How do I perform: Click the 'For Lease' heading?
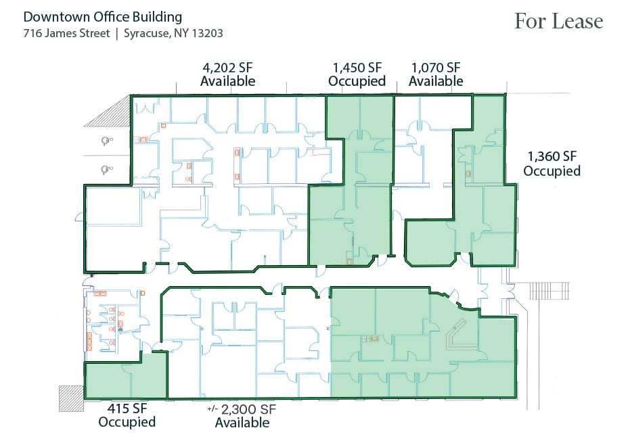pos(558,21)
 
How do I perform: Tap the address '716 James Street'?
pos(66,32)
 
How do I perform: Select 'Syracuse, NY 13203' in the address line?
pos(173,32)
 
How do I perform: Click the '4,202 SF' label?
pos(227,68)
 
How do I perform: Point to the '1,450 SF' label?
pos(357,68)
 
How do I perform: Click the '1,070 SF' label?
pos(435,68)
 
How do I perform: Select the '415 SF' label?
pos(127,408)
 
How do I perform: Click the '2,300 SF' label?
pos(248,409)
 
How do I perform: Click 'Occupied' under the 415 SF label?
pos(127,423)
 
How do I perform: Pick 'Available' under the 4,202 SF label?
pos(227,82)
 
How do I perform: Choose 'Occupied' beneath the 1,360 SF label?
pos(552,172)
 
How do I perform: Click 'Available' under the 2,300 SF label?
pos(242,423)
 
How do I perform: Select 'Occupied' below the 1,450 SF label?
pos(357,82)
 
